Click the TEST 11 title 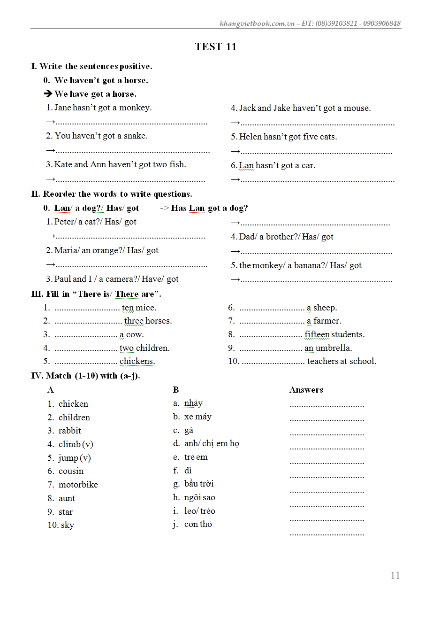[x=216, y=46]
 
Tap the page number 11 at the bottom [x=395, y=575]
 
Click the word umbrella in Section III [x=334, y=348]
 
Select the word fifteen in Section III [x=317, y=334]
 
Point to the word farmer [x=327, y=321]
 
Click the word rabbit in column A [x=69, y=431]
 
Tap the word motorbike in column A [x=78, y=485]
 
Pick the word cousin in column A [x=71, y=471]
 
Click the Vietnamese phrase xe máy [x=198, y=417]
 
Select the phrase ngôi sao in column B [x=199, y=497]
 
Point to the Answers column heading [x=306, y=390]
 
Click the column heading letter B [x=176, y=390]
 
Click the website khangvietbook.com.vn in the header [x=257, y=23]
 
